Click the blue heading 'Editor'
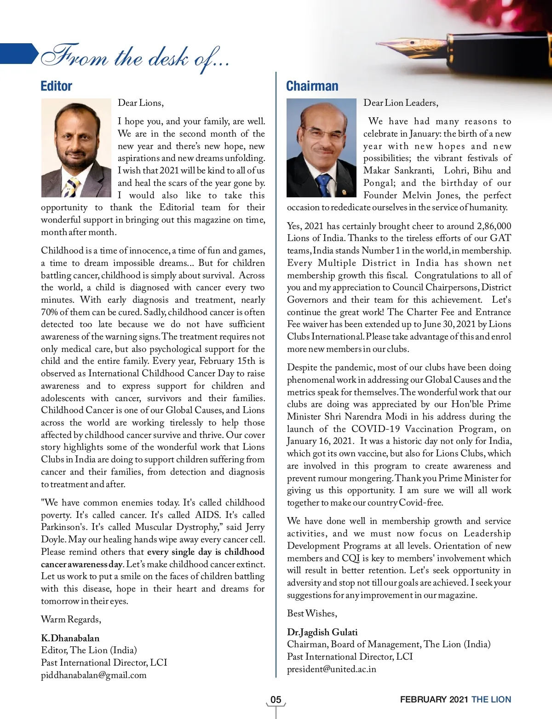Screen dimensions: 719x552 point(56,86)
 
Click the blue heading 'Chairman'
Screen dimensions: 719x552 point(312,86)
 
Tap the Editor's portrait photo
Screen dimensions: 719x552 point(76,148)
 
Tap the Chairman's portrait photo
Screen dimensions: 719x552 point(322,148)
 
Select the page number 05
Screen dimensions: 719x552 point(276,700)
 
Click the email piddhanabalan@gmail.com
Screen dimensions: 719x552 point(94,675)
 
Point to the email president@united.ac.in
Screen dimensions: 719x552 point(331,669)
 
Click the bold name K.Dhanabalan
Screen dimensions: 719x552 point(70,638)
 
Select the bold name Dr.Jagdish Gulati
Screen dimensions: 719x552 point(322,632)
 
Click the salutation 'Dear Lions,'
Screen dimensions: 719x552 point(141,103)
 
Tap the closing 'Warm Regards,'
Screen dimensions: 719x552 point(71,619)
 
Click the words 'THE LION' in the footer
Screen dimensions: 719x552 point(491,700)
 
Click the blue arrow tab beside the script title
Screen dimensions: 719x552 point(18,53)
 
